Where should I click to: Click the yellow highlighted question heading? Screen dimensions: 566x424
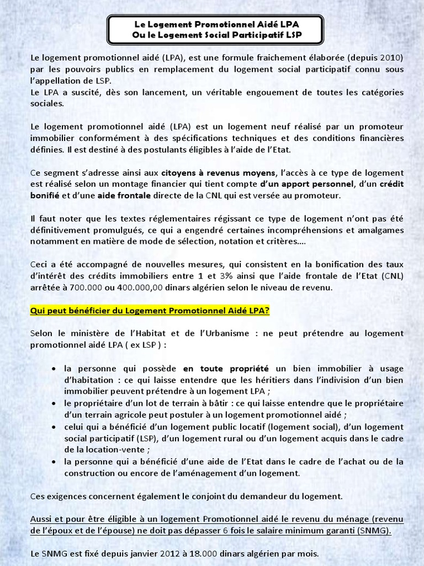(x=150, y=311)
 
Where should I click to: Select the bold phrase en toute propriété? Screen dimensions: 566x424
(x=226, y=369)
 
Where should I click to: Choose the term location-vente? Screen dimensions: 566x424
(x=120, y=449)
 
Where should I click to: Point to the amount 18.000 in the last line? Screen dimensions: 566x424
(x=198, y=553)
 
